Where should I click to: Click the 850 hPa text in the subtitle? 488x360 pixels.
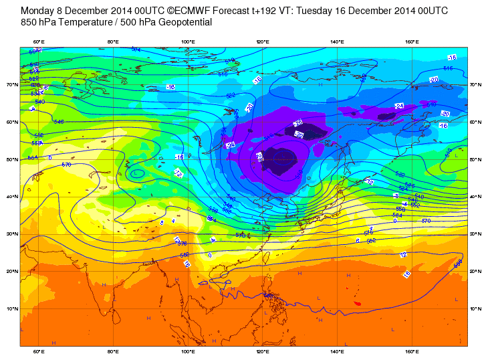40,23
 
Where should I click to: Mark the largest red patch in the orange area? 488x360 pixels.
357,304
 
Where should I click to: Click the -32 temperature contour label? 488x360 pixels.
299,134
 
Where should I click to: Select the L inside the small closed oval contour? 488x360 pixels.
137,173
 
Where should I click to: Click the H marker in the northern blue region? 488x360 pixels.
320,85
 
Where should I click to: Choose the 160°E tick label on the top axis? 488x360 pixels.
412,43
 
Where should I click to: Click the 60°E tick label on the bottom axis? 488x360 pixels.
39,351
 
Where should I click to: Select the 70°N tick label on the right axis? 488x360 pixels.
473,85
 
